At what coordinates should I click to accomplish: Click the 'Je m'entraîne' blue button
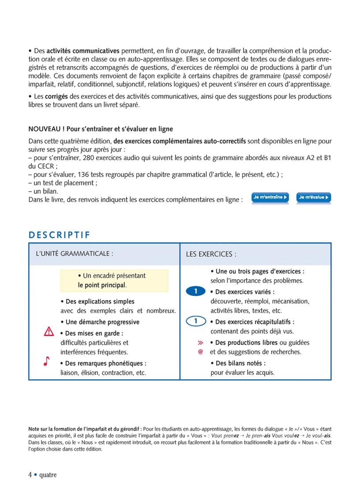(x=270, y=198)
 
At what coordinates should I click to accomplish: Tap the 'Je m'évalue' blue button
(x=314, y=198)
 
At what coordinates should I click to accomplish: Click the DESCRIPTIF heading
(x=59, y=235)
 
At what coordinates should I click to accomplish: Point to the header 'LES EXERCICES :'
(x=211, y=254)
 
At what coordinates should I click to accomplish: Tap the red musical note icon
(x=47, y=361)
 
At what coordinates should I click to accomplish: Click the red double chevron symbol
(x=200, y=343)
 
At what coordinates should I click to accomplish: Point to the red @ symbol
(x=200, y=352)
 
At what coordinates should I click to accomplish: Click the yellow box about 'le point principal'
(x=114, y=280)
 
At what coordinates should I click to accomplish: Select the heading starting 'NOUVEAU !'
(x=101, y=129)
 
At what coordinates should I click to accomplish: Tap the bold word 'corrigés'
(x=56, y=96)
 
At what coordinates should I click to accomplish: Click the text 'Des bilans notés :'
(x=240, y=363)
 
